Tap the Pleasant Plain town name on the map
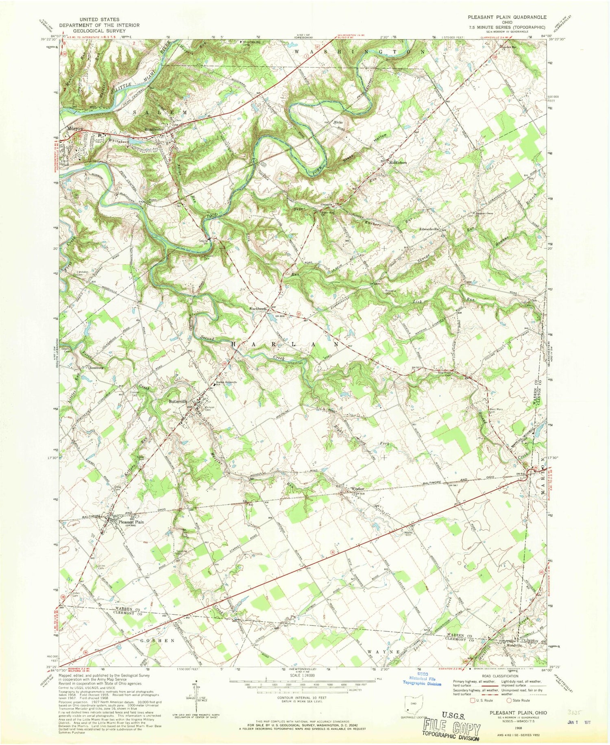pos(131,522)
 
